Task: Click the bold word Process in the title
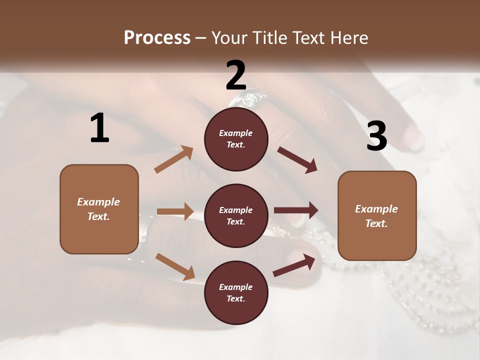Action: tap(157, 38)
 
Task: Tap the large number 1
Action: tap(99, 128)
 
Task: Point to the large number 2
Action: tap(236, 75)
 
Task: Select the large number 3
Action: tap(376, 136)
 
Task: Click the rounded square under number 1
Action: tap(99, 209)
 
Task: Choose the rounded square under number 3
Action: tap(377, 215)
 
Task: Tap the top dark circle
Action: tap(236, 138)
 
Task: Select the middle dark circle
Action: tap(236, 215)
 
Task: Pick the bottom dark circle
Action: tap(236, 292)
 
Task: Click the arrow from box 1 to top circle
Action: tap(174, 159)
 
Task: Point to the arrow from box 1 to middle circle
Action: tap(175, 211)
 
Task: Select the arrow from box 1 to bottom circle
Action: tap(175, 266)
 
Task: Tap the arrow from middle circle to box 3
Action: tap(296, 210)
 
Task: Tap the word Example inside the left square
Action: tap(98, 202)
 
